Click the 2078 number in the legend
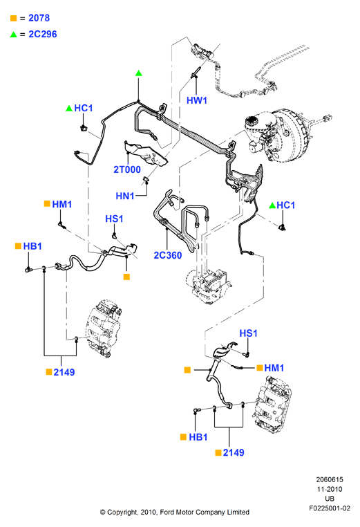(x=39, y=18)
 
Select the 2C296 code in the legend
(x=43, y=34)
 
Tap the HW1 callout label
(x=197, y=100)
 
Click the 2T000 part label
(x=127, y=169)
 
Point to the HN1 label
(x=125, y=196)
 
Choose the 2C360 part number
(x=168, y=255)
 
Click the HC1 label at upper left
(x=84, y=108)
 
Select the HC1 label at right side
(x=286, y=205)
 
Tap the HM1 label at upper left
(x=62, y=204)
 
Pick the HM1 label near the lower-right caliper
(x=274, y=368)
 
